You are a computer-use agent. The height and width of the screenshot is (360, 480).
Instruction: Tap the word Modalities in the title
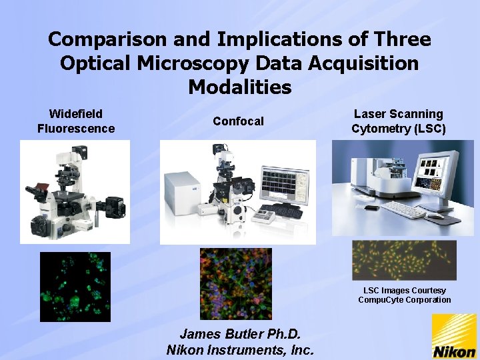click(240, 87)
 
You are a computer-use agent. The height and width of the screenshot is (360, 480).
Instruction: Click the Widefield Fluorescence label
click(76, 121)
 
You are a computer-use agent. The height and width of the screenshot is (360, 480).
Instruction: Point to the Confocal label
click(238, 121)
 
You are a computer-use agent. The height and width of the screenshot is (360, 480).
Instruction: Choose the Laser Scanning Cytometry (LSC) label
click(398, 121)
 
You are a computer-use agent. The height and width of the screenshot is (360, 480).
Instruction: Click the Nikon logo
click(454, 337)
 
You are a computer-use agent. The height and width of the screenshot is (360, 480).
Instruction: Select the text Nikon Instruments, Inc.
click(239, 349)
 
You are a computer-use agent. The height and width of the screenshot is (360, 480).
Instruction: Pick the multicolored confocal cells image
click(236, 283)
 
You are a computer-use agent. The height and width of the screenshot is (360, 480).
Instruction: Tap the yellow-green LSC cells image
click(404, 261)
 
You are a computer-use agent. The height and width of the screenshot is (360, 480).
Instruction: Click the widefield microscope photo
click(74, 193)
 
